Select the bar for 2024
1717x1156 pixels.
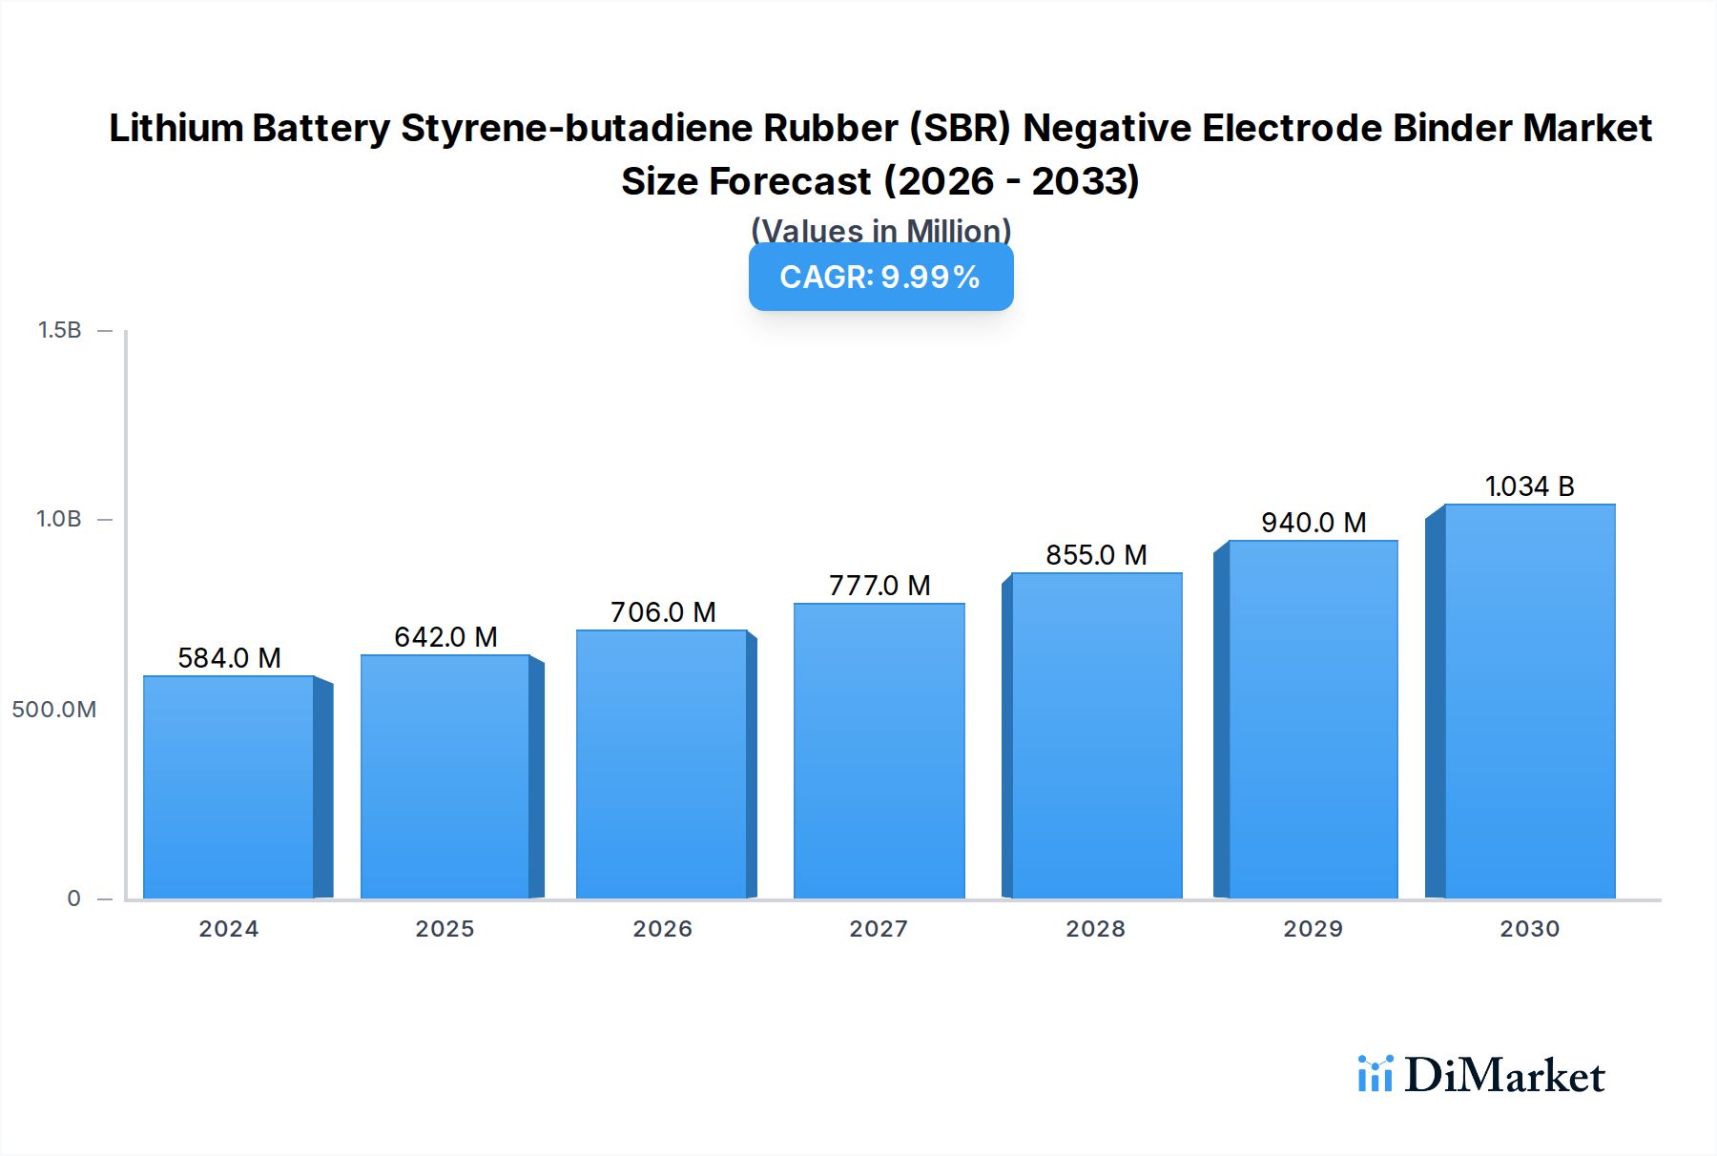pyautogui.click(x=229, y=787)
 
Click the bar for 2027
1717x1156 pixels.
pyautogui.click(x=879, y=751)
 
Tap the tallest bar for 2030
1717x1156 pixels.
pyautogui.click(x=1529, y=701)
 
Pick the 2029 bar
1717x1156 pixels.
pyautogui.click(x=1313, y=719)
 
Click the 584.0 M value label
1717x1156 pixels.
pyautogui.click(x=229, y=658)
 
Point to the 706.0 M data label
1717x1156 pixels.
pyautogui.click(x=663, y=612)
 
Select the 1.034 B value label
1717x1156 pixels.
pyautogui.click(x=1529, y=486)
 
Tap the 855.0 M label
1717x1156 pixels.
pyautogui.click(x=1096, y=555)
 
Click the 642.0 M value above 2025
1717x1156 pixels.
pyautogui.click(x=445, y=637)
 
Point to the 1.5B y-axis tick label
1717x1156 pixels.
pyautogui.click(x=59, y=330)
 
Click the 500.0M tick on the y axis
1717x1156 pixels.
pyautogui.click(x=54, y=710)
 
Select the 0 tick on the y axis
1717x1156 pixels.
pyautogui.click(x=73, y=898)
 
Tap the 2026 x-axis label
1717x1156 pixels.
pyautogui.click(x=662, y=929)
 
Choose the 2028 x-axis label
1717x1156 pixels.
pyautogui.click(x=1095, y=929)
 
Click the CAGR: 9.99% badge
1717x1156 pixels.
pyautogui.click(x=880, y=278)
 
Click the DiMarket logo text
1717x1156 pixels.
pyautogui.click(x=1504, y=1076)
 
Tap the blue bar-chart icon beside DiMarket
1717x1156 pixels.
pyautogui.click(x=1375, y=1074)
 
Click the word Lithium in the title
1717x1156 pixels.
pyautogui.click(x=176, y=128)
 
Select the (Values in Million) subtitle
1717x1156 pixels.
pyautogui.click(x=880, y=229)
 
